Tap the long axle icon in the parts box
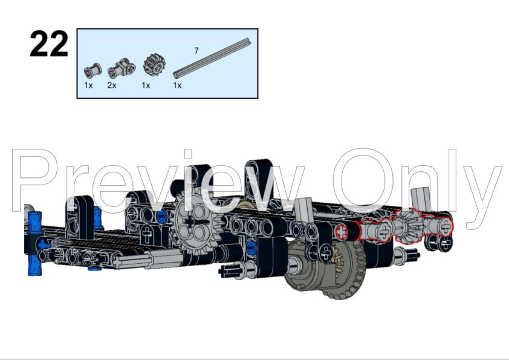point(212,57)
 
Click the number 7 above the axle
point(196,50)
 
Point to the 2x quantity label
point(112,85)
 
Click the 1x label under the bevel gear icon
point(146,85)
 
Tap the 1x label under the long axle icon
point(177,85)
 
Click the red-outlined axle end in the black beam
point(343,230)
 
